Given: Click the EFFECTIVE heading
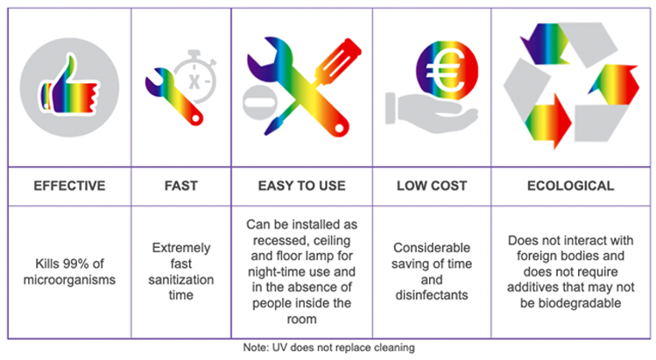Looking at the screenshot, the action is click(69, 186).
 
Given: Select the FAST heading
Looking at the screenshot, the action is click(180, 186).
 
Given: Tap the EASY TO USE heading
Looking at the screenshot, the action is click(301, 186).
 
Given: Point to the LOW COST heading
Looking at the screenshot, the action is click(432, 186).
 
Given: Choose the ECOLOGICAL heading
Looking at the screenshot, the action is click(571, 186).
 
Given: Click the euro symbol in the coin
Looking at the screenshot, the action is click(445, 69).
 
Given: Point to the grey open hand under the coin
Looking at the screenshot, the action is click(431, 112).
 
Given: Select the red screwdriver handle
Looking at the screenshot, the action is click(338, 60).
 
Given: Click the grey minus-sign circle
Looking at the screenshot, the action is click(260, 102).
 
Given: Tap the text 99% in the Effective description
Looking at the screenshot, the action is click(76, 264).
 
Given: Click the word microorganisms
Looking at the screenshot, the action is click(69, 279).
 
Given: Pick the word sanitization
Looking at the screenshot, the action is click(180, 279).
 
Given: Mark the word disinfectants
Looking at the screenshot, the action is click(432, 295).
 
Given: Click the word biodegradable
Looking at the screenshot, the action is click(571, 303).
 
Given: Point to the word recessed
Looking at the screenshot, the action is click(279, 241).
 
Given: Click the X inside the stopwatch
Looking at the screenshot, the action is click(194, 81).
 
